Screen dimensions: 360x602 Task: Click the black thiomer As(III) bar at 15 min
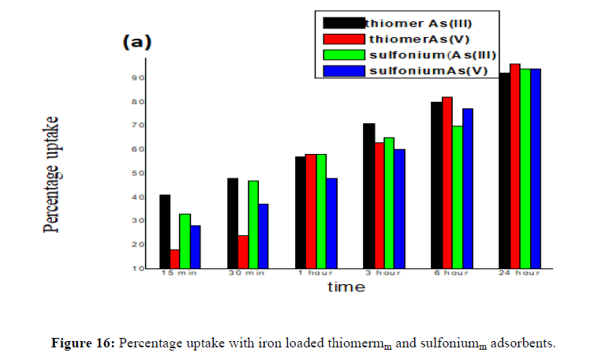(165, 231)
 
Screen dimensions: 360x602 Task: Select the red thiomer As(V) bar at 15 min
(175, 259)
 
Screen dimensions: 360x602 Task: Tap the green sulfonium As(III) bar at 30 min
(253, 224)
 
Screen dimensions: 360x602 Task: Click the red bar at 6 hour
(447, 182)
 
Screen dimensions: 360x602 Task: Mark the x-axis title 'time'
(346, 287)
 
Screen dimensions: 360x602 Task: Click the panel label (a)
(136, 43)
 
